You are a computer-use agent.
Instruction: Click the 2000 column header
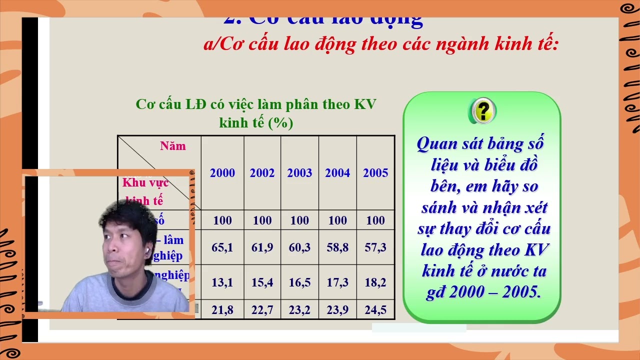(222, 173)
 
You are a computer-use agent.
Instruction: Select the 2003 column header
(299, 173)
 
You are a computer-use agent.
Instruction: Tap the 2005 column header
(375, 173)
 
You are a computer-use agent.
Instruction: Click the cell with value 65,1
(222, 247)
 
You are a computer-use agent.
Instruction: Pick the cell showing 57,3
(375, 247)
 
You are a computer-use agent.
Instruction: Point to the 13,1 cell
(222, 282)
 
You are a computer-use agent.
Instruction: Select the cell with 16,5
(299, 282)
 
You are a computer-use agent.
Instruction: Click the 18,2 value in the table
(375, 282)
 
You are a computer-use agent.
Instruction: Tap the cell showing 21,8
(222, 310)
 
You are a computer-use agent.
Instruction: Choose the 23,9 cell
(337, 310)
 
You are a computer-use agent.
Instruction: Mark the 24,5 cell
(375, 310)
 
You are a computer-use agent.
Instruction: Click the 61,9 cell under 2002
(262, 247)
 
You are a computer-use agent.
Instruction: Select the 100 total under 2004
(337, 220)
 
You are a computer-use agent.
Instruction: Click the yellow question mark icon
(482, 110)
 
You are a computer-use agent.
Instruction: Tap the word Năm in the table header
(173, 146)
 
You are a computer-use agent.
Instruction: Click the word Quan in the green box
(437, 144)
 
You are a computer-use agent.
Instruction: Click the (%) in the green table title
(280, 122)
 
